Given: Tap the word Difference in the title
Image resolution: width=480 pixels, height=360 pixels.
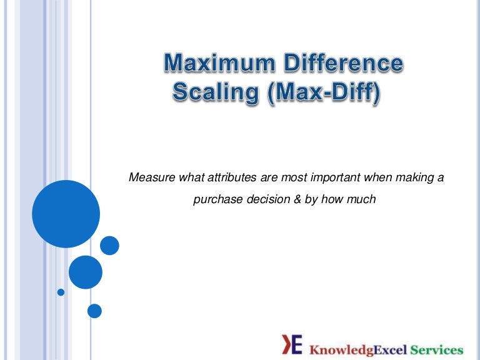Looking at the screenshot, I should pos(341,64).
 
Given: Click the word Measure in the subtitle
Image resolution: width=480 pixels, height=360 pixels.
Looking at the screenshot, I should pos(150,178).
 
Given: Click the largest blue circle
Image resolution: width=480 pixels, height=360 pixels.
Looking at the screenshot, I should pos(66,214).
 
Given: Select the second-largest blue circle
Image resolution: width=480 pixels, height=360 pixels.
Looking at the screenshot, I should pos(85,272).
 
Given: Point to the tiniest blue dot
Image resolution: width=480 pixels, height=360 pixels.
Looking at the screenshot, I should pos(61,292).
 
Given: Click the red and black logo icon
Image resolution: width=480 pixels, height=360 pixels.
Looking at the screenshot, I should pos(292,344).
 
